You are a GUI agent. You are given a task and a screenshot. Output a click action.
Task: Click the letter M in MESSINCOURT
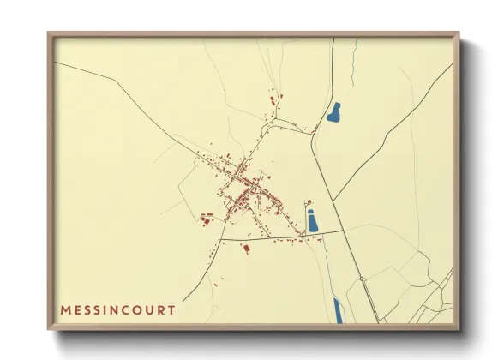coord(65,309)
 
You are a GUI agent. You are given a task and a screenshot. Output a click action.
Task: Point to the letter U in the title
coord(158,309)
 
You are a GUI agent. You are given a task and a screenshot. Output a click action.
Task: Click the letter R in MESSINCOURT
coord(168,309)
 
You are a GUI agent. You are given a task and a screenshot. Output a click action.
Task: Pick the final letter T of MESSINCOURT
coord(177,309)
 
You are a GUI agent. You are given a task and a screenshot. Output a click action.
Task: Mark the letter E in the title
coord(79,309)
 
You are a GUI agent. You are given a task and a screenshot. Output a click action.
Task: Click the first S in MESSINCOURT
coord(91,309)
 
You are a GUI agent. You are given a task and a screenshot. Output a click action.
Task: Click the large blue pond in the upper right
coord(333,112)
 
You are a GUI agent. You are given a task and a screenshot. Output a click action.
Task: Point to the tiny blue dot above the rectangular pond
coord(310,202)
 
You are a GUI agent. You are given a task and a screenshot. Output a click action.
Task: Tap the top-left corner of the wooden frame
coord(50,34)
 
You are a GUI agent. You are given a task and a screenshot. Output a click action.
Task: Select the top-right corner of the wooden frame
coord(458,34)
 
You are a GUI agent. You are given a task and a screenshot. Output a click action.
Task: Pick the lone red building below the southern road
coord(246,248)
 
